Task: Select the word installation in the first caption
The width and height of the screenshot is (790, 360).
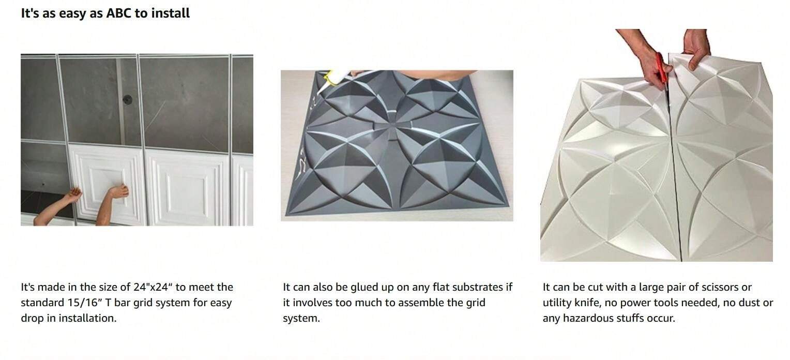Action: pos(87,318)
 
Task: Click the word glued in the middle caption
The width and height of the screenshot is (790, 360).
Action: pos(365,287)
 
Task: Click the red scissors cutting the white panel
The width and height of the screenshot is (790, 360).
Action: pos(663,69)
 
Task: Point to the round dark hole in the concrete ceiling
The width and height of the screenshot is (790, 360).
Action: pos(127,100)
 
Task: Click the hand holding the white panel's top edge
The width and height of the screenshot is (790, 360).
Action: pos(696,48)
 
